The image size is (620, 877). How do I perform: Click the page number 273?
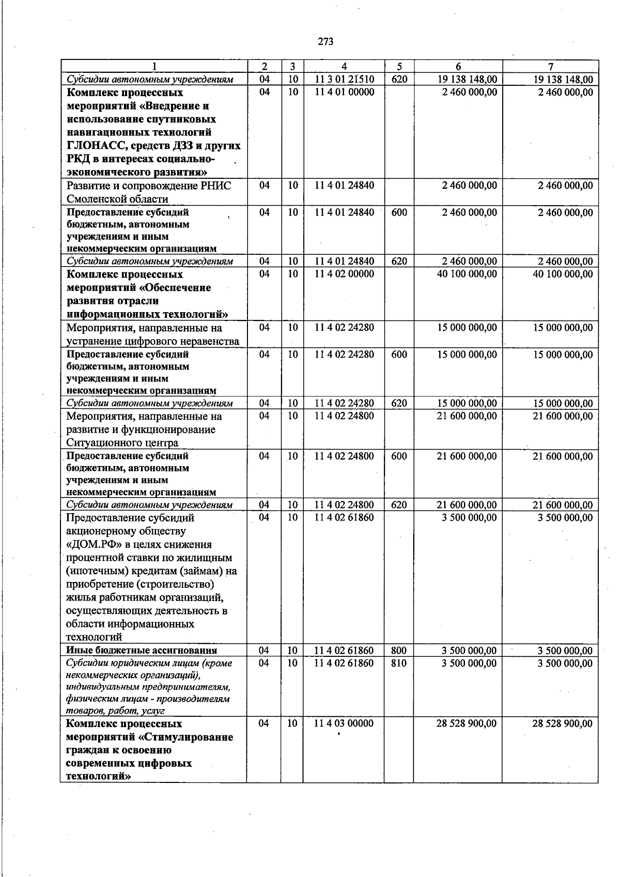326,42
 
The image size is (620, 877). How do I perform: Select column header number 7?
550,67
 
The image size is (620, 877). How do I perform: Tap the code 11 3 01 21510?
344,80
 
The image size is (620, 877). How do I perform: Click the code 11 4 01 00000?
344,93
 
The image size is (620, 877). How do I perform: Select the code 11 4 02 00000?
344,274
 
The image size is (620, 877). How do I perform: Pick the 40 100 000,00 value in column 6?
467,274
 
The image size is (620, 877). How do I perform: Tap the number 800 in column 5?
399,651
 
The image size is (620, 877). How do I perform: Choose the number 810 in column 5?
399,663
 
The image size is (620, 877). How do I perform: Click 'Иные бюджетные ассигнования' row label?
142,651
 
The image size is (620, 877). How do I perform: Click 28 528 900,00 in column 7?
563,724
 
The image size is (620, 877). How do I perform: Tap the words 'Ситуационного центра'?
122,443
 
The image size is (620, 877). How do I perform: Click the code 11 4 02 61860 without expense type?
344,518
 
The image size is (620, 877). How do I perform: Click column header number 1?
154,67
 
